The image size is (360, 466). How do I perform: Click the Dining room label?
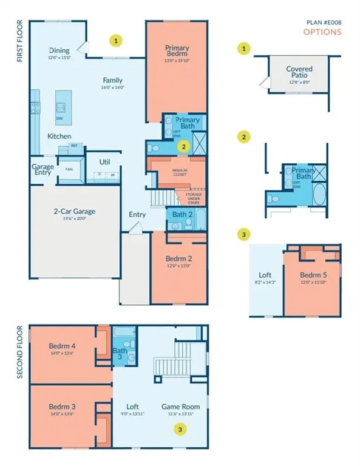tap(59, 50)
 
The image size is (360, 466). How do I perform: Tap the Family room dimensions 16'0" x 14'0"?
tap(112, 88)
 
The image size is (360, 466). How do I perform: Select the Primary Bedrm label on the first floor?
tap(177, 52)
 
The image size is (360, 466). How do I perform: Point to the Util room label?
tap(104, 161)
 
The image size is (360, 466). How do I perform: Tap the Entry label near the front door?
tap(137, 214)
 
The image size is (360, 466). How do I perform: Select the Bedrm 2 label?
tap(179, 258)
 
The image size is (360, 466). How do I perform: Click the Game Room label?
tap(177, 407)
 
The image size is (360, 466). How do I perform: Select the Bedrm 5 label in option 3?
tap(313, 274)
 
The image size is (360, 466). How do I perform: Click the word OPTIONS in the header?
tap(322, 32)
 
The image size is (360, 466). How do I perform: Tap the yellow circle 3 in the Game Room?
tap(179, 429)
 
